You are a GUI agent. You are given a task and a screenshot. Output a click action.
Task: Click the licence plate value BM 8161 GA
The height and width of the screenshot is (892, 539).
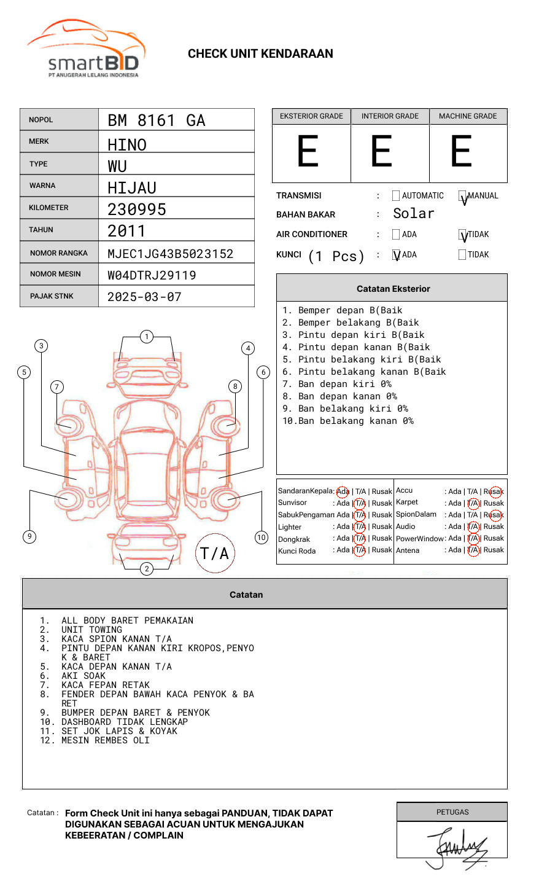click(156, 120)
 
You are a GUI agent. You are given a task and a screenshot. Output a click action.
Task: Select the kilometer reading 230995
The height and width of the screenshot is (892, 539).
click(137, 209)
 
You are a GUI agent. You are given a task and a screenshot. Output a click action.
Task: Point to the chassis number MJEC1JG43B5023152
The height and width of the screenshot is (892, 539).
click(170, 254)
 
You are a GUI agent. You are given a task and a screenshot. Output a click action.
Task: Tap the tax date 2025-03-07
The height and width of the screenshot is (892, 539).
click(144, 297)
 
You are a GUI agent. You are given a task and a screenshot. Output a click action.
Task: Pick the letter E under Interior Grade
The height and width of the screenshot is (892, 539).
click(381, 151)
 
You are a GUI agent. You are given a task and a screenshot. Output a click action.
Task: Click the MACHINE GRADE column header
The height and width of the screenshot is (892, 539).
click(468, 116)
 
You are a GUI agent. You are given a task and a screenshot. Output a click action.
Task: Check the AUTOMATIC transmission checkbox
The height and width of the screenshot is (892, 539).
click(396, 196)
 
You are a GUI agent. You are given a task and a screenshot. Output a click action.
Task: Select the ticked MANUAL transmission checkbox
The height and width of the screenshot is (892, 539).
click(463, 197)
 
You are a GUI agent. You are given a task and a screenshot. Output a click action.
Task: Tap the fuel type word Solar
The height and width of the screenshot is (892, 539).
click(413, 214)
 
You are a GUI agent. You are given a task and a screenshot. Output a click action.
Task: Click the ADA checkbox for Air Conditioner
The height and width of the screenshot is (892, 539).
click(396, 235)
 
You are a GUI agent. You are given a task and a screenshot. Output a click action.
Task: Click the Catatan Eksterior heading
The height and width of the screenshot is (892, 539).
click(393, 289)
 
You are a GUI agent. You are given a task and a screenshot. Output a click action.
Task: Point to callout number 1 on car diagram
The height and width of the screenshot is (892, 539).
click(146, 337)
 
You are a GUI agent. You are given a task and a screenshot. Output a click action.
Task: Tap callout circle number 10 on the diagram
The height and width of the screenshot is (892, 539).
click(262, 538)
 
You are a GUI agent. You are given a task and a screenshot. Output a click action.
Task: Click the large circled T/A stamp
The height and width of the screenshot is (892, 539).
click(215, 554)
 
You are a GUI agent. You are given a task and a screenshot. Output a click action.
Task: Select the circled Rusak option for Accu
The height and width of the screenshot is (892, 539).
click(494, 491)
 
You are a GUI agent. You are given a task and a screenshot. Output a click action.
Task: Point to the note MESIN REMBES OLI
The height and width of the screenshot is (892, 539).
click(105, 740)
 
